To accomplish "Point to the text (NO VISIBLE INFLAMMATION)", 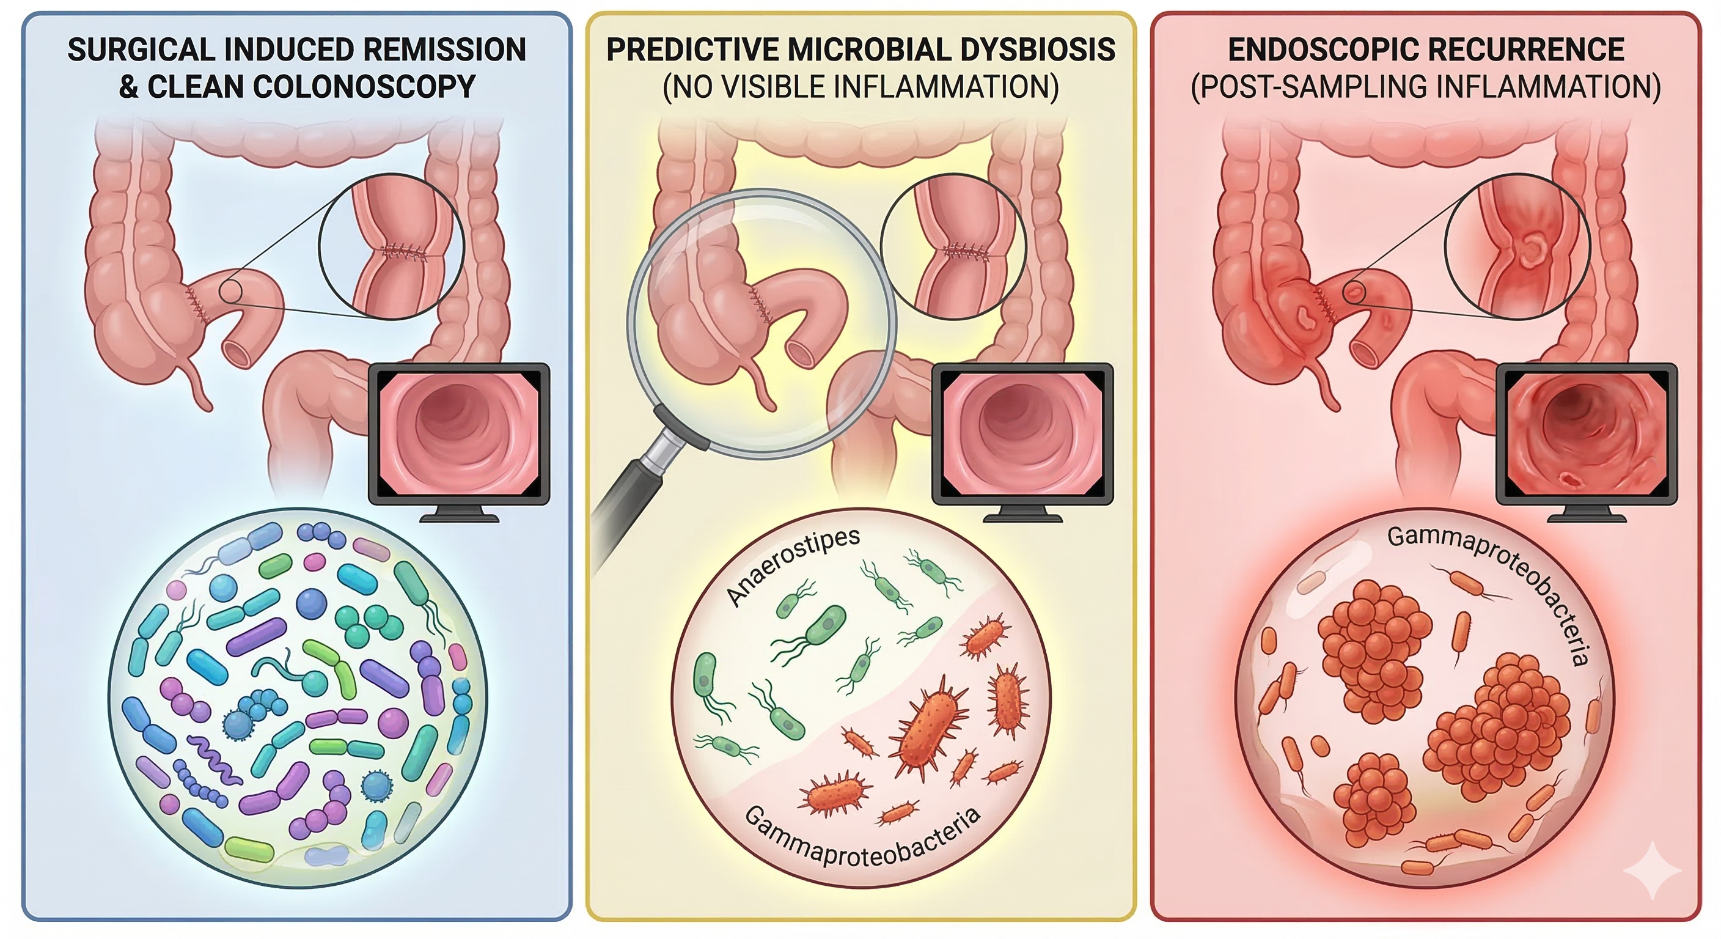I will (861, 87).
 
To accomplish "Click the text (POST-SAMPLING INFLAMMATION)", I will (1426, 87).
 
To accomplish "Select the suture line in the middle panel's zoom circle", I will (966, 251).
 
